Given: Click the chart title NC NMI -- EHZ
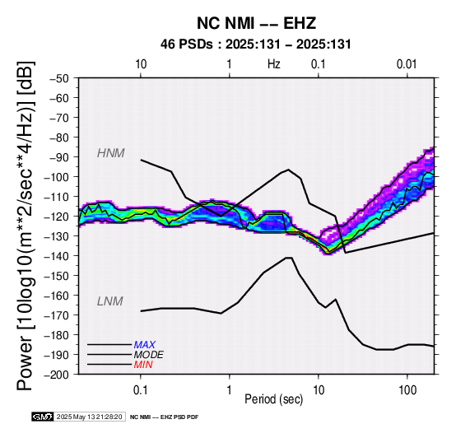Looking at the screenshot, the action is point(256,23).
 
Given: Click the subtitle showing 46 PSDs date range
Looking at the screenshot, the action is point(256,44).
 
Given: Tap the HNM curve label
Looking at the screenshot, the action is point(111,153).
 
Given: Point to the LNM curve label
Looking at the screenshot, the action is point(110,301).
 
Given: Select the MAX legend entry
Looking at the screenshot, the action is point(145,345).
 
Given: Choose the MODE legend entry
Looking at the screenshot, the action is point(149,355).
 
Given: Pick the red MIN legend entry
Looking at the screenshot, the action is point(143,365).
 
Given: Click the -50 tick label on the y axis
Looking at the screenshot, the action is point(59,78).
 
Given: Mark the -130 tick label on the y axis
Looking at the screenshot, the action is point(57,236).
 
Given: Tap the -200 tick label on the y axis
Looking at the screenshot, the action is point(57,375).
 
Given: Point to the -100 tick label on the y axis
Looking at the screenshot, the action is point(57,177).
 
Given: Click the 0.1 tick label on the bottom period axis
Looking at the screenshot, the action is point(141,390).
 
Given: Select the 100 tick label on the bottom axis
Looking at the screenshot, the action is point(407,390).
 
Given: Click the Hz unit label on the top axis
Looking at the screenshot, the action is point(274,64).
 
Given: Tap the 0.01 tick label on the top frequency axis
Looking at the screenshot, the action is point(407,64).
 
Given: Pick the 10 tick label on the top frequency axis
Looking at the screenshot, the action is point(141,64).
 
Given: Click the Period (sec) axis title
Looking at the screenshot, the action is point(274,399).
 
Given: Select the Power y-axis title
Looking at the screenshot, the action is point(25,226).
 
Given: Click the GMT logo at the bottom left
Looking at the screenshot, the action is point(43,417).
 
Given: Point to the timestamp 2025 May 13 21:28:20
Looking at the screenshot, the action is point(89,417).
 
